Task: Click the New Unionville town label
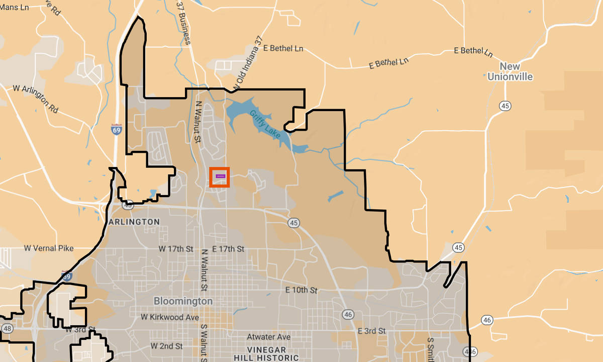(x=510, y=72)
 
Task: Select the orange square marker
(x=220, y=177)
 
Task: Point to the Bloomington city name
(x=183, y=301)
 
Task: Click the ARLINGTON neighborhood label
(x=134, y=222)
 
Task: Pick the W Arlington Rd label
(x=36, y=98)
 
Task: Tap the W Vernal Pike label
(x=49, y=248)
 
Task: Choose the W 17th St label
(x=176, y=249)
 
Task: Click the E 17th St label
(x=228, y=249)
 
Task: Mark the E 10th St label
(x=301, y=290)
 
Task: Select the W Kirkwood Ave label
(x=170, y=317)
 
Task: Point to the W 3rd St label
(x=80, y=330)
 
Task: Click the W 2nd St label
(x=167, y=346)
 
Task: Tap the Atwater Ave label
(x=269, y=337)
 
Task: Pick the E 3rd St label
(x=371, y=331)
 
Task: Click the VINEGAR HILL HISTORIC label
(x=266, y=353)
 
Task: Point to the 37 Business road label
(x=183, y=22)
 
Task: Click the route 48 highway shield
(x=7, y=328)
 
